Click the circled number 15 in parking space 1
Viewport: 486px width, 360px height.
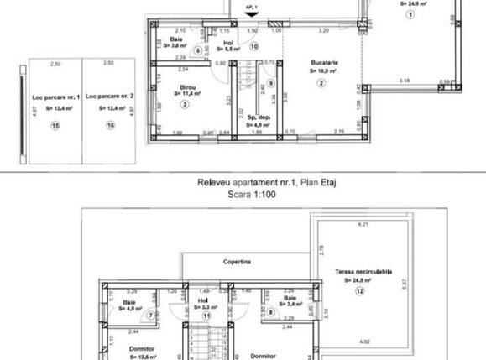click(55, 126)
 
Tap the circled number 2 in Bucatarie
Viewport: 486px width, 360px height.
click(320, 82)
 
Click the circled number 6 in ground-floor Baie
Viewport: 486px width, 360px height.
click(198, 50)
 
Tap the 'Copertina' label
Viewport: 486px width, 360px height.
click(239, 262)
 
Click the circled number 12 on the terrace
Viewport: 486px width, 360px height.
click(358, 291)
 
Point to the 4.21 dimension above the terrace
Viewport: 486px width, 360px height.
click(363, 225)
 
